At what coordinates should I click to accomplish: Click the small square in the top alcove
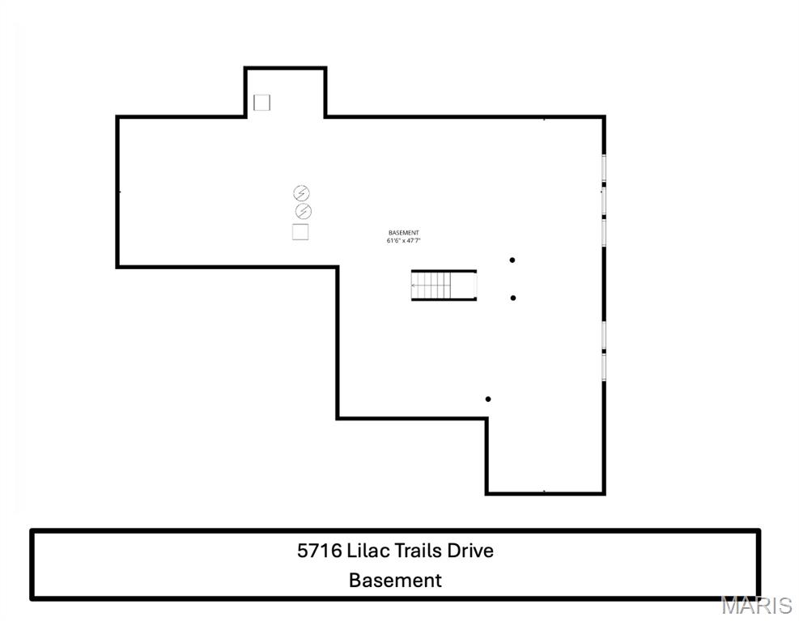(x=261, y=103)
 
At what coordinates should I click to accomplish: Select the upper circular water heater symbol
(x=301, y=193)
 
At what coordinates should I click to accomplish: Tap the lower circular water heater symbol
(x=303, y=212)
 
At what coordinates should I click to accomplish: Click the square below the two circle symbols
(x=300, y=232)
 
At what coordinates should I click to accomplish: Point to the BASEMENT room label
(x=403, y=233)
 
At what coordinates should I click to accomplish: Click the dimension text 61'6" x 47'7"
(x=404, y=241)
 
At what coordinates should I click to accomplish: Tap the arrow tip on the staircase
(x=414, y=285)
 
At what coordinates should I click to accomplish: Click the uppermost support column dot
(x=512, y=260)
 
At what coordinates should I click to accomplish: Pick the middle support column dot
(x=513, y=298)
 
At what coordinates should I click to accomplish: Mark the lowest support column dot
(x=488, y=399)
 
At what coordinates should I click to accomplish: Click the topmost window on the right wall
(x=604, y=168)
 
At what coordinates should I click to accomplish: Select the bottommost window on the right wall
(x=604, y=365)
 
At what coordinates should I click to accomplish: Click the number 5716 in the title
(x=319, y=551)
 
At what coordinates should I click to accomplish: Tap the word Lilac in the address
(x=369, y=551)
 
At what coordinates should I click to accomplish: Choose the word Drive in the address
(x=471, y=551)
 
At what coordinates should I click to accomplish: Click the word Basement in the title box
(x=395, y=580)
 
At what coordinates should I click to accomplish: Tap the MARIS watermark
(x=756, y=605)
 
